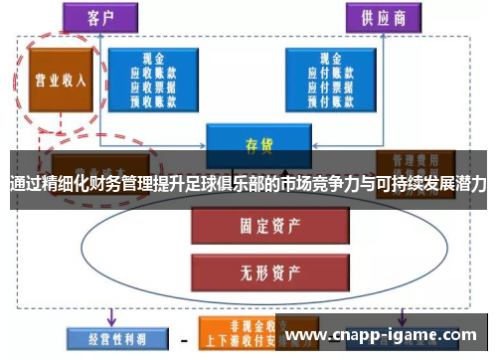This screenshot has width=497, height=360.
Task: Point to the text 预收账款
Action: point(152,99)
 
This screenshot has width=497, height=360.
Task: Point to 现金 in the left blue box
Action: point(152,59)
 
